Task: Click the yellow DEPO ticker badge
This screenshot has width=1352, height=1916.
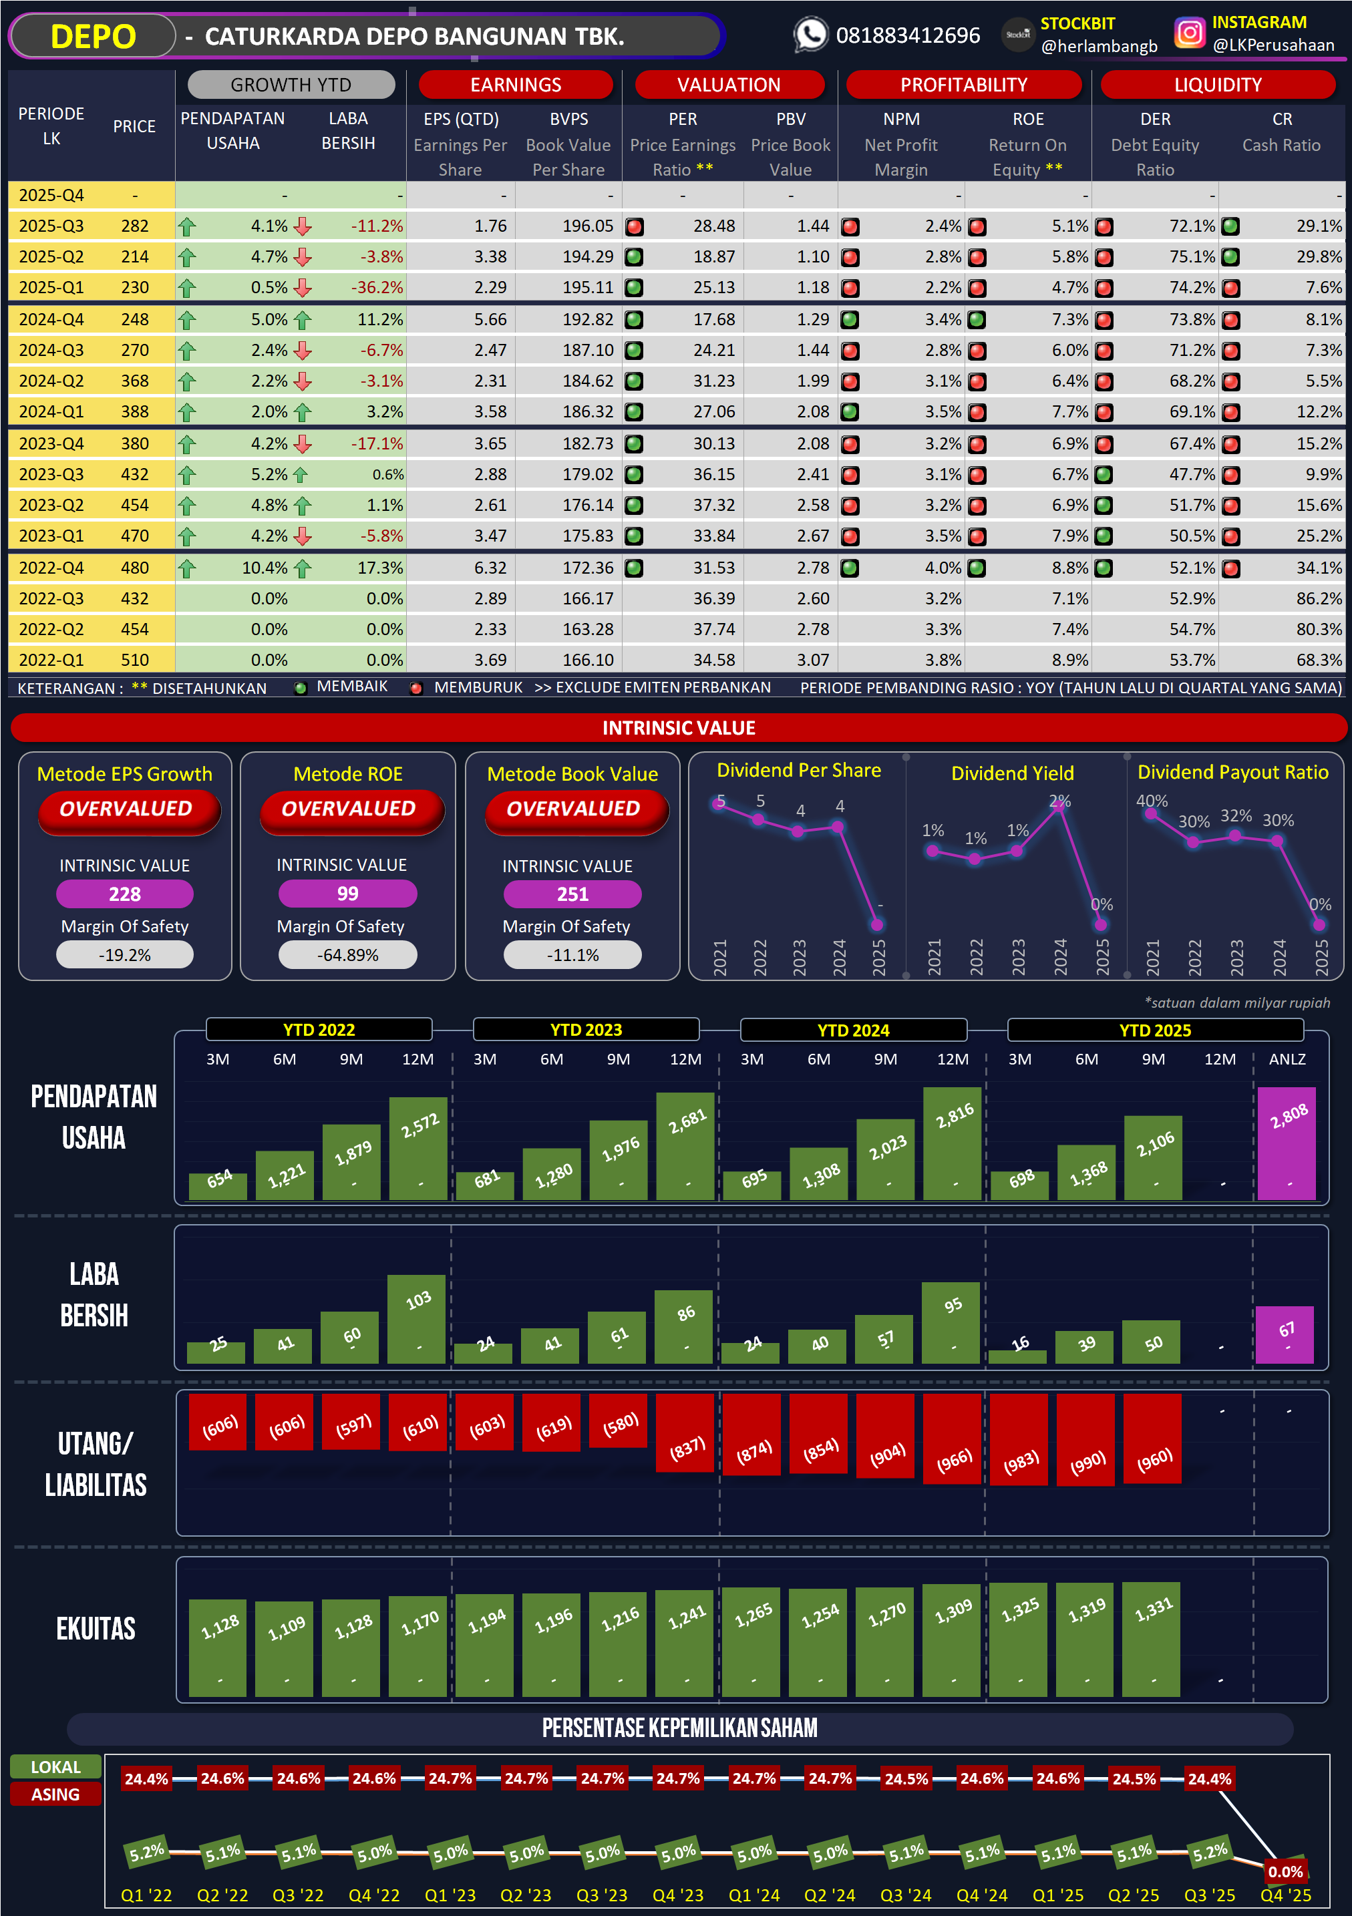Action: (x=93, y=37)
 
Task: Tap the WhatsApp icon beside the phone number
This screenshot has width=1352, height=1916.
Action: (x=810, y=35)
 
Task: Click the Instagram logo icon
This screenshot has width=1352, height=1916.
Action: (x=1189, y=33)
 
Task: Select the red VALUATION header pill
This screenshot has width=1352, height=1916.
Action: (x=729, y=84)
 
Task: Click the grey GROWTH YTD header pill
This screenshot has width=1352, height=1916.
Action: (x=291, y=84)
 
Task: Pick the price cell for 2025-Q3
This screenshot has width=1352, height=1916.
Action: (x=134, y=226)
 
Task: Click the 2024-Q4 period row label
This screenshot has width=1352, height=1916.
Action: (x=51, y=320)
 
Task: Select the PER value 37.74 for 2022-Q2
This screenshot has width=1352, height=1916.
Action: (x=713, y=629)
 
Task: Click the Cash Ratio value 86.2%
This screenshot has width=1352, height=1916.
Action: (x=1319, y=598)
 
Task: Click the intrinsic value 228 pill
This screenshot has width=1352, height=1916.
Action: (x=124, y=894)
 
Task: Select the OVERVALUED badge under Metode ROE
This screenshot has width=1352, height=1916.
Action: (x=348, y=809)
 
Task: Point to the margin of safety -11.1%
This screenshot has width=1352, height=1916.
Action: (x=572, y=955)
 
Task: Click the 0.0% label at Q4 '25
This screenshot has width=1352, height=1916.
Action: (x=1285, y=1872)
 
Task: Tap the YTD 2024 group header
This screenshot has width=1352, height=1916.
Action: (x=853, y=1030)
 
